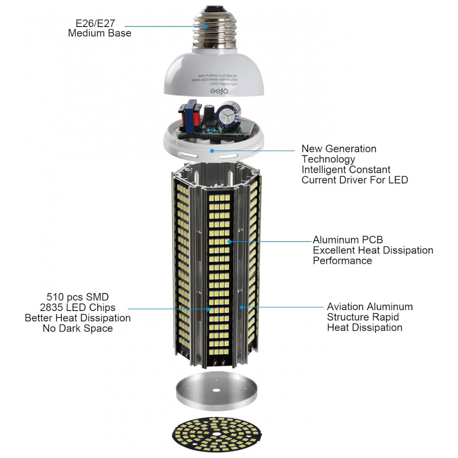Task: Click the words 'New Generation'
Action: point(338,149)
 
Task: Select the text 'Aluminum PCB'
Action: point(348,240)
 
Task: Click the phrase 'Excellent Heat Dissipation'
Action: point(373,251)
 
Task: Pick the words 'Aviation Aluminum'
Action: point(370,307)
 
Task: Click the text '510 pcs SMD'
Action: point(78,297)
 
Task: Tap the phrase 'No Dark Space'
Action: point(78,328)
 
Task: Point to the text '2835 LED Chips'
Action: point(78,307)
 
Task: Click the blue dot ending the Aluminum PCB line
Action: point(229,240)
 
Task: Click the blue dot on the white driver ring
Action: point(212,150)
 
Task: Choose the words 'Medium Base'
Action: point(99,33)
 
